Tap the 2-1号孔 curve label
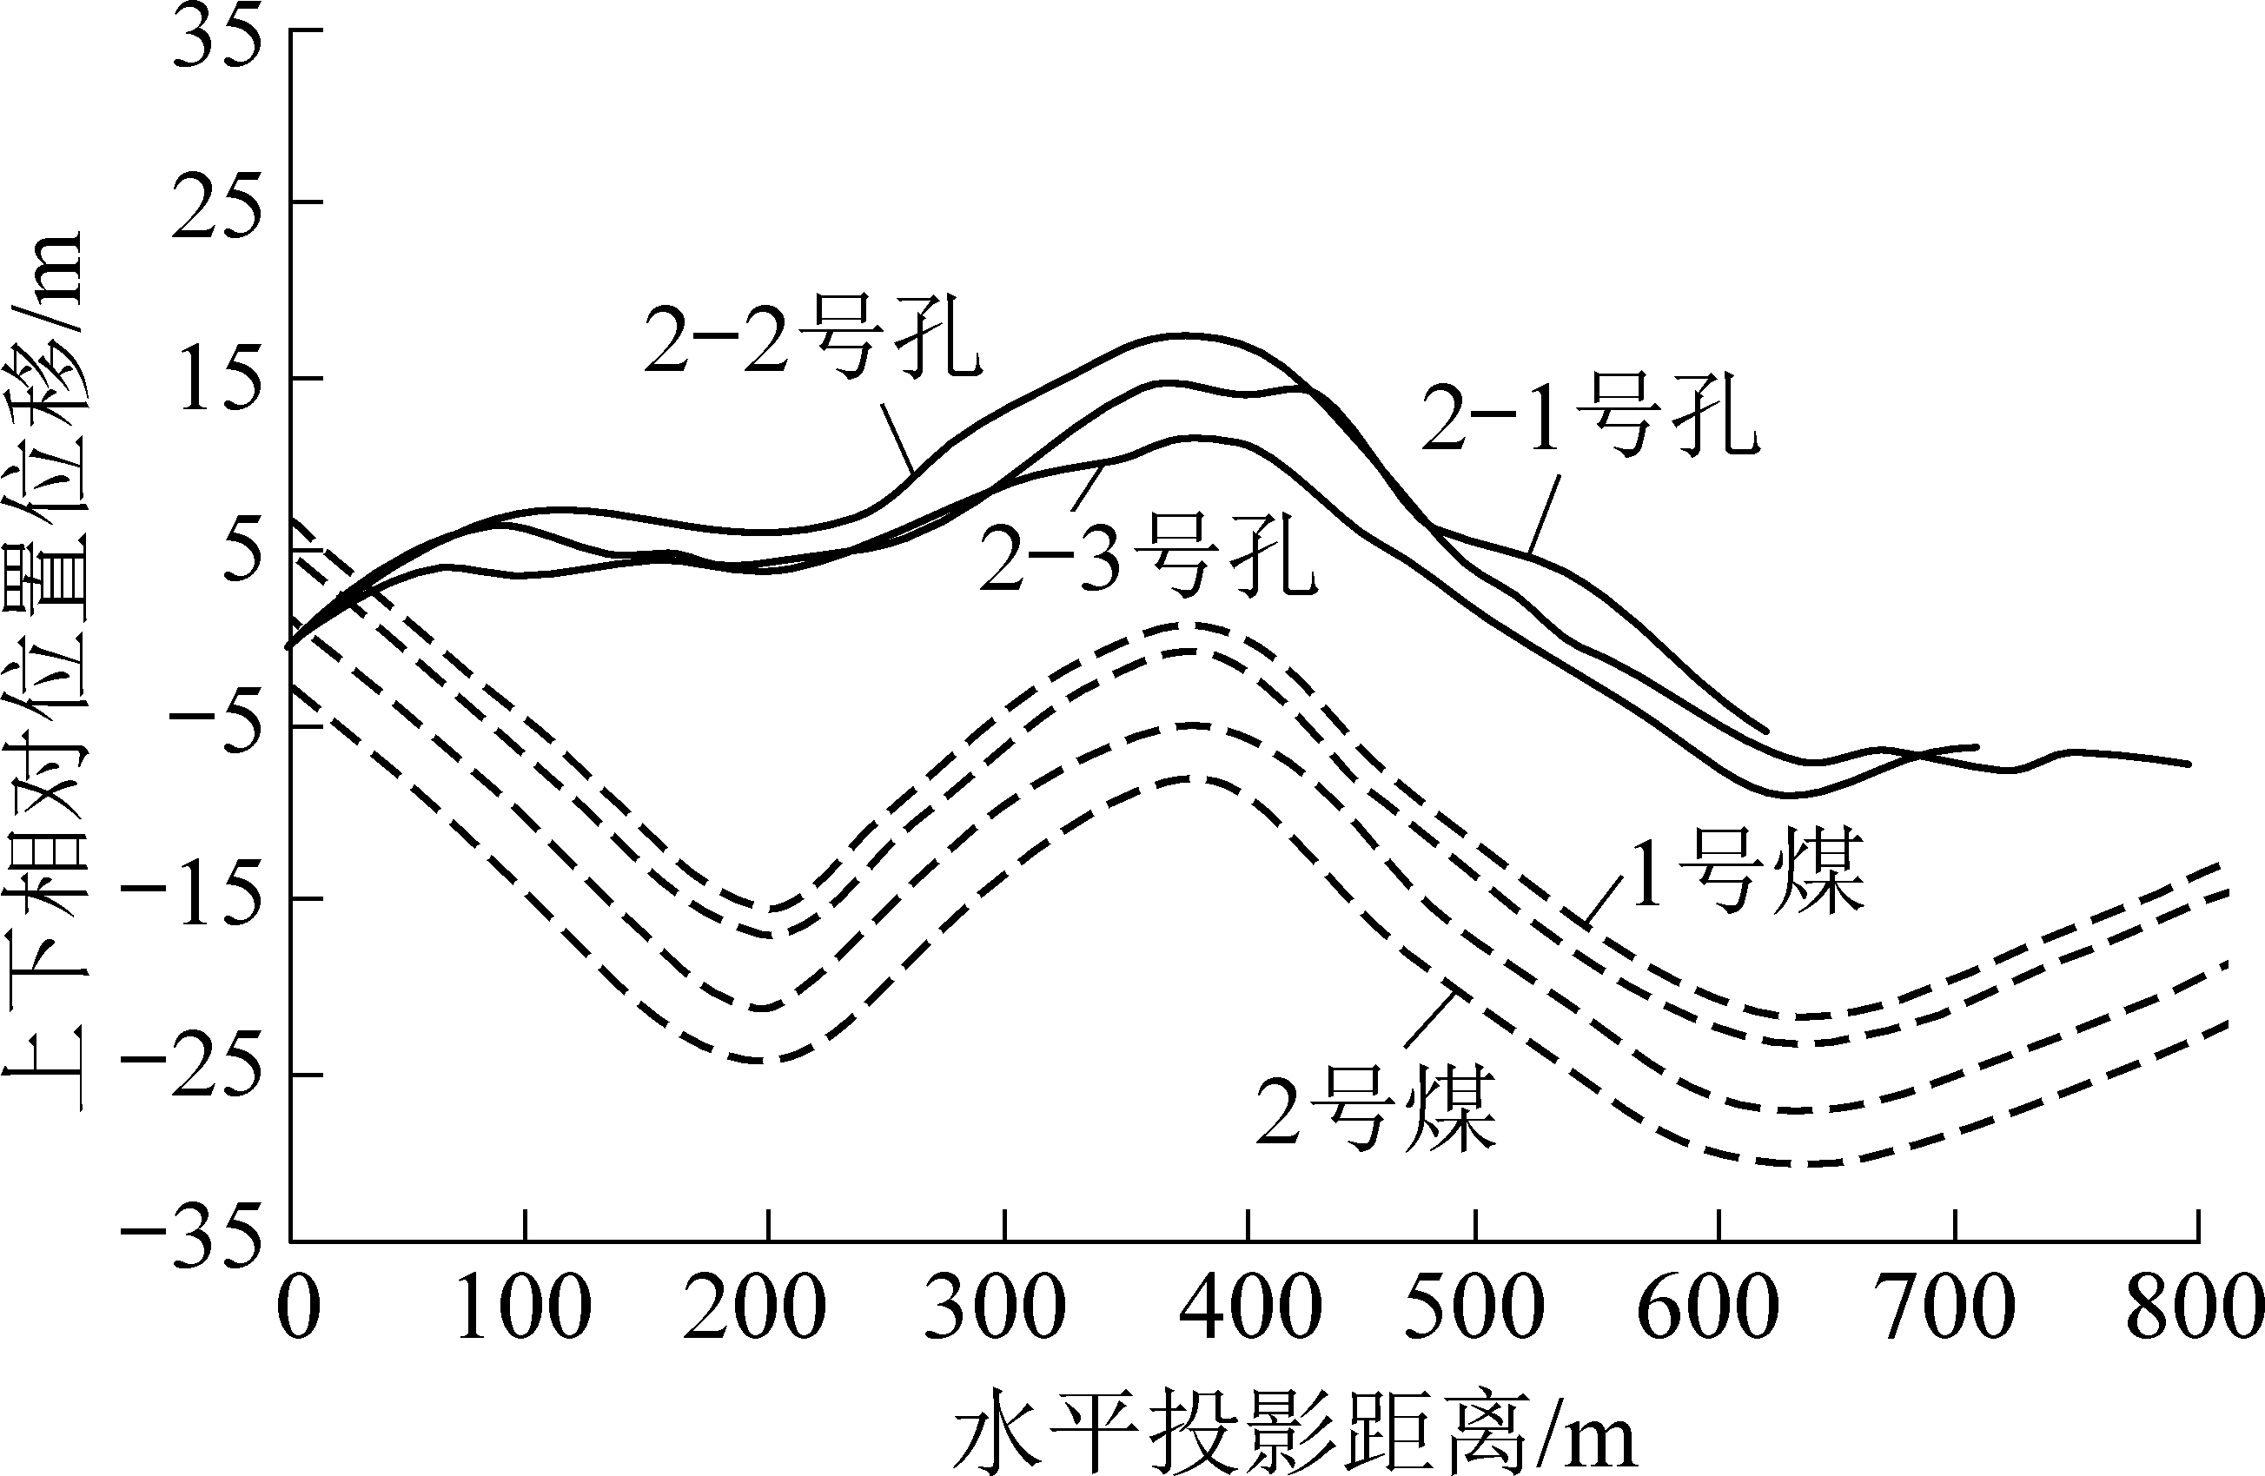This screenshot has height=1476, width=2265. (1589, 420)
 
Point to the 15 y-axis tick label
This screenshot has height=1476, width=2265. (216, 380)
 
